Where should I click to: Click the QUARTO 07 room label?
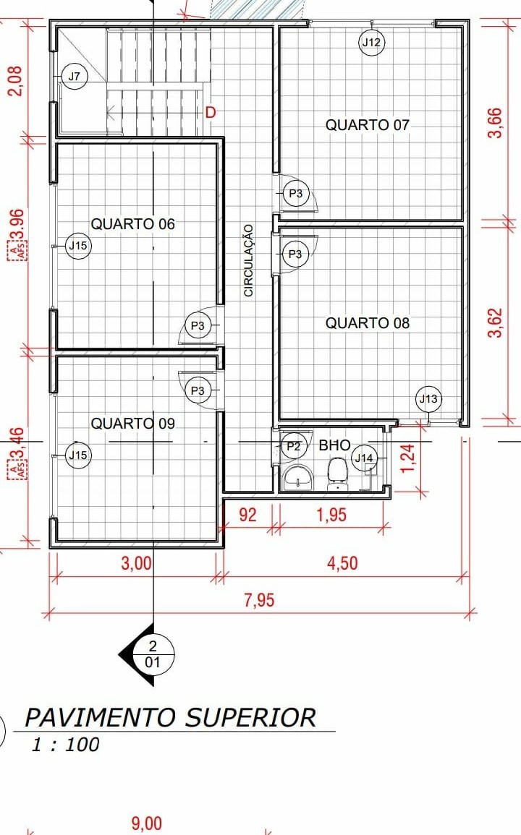click(x=367, y=125)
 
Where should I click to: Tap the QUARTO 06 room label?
click(x=133, y=224)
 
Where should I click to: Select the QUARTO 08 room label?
click(x=368, y=323)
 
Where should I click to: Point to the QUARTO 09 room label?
click(x=133, y=424)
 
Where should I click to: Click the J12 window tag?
click(x=372, y=42)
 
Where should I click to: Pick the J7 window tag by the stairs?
click(x=74, y=76)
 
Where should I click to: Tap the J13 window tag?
click(x=428, y=399)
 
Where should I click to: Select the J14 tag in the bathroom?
click(x=364, y=458)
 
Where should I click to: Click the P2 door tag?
click(x=293, y=446)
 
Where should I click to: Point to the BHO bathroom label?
click(x=334, y=445)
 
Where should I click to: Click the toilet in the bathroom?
click(x=337, y=474)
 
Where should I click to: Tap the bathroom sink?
click(x=298, y=476)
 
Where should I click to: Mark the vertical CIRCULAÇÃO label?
click(x=248, y=260)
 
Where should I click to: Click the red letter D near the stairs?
click(x=211, y=112)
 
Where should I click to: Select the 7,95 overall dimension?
click(x=259, y=600)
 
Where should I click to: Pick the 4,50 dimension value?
click(x=342, y=563)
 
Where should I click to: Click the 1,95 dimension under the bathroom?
click(x=331, y=515)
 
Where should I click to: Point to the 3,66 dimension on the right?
click(x=495, y=122)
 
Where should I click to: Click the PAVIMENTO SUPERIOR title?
click(x=171, y=717)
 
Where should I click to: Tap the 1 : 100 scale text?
click(x=66, y=744)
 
